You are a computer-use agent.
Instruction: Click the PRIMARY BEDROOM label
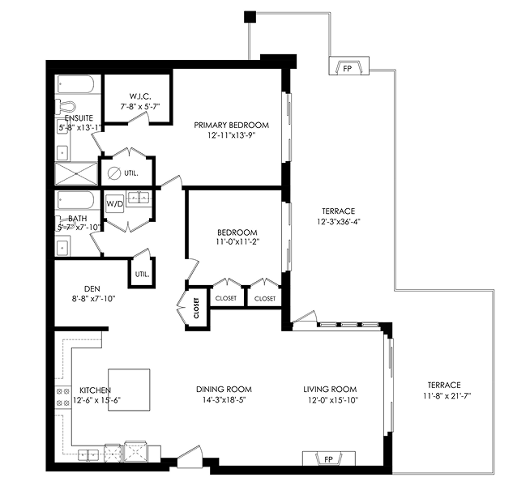pyautogui.click(x=231, y=125)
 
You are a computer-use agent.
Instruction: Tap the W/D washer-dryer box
pyautogui.click(x=114, y=204)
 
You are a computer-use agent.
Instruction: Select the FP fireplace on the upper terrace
pyautogui.click(x=348, y=66)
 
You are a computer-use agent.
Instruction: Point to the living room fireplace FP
pyautogui.click(x=328, y=458)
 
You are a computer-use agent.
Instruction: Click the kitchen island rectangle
pyautogui.click(x=129, y=390)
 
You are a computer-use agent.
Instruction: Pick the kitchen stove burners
pyautogui.click(x=63, y=398)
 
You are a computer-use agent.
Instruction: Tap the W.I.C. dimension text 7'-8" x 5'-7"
pyautogui.click(x=139, y=106)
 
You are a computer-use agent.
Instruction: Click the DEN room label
pyautogui.click(x=92, y=289)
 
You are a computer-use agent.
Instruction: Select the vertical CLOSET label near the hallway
pyautogui.click(x=196, y=308)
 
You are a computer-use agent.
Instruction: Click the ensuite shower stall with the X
pyautogui.click(x=76, y=173)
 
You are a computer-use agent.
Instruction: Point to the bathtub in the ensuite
pyautogui.click(x=76, y=84)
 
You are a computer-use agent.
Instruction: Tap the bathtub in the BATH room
pyautogui.click(x=76, y=200)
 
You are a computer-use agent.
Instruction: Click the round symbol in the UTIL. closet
pyautogui.click(x=114, y=173)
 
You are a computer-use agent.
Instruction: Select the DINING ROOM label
pyautogui.click(x=224, y=389)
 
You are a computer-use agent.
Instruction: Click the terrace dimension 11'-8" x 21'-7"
pyautogui.click(x=447, y=396)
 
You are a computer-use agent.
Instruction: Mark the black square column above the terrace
pyautogui.click(x=250, y=17)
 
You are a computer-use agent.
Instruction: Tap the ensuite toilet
pyautogui.click(x=66, y=107)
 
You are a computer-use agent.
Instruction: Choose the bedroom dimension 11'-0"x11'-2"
pyautogui.click(x=237, y=241)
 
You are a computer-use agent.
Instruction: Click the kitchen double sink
pyautogui.click(x=88, y=455)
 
